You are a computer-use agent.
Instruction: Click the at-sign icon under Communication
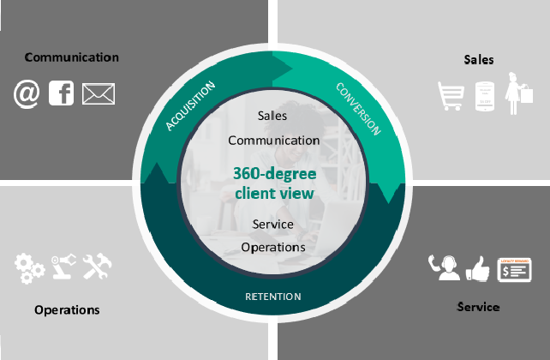(x=27, y=93)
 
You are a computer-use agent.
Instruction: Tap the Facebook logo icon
(x=62, y=93)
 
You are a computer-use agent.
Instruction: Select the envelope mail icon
(x=99, y=93)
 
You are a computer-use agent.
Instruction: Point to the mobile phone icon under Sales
(x=486, y=95)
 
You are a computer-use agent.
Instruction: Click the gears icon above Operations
(x=29, y=267)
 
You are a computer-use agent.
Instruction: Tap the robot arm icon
(x=63, y=267)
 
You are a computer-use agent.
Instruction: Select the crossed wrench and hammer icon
(x=98, y=267)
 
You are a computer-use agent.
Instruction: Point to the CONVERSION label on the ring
(x=358, y=109)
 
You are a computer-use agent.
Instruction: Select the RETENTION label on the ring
(x=274, y=297)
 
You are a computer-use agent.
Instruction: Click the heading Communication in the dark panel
(x=71, y=57)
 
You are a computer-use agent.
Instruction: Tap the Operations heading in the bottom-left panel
(x=67, y=309)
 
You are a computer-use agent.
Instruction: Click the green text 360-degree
(x=274, y=173)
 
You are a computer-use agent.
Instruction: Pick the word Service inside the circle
(x=273, y=224)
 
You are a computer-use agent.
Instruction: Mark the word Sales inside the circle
(x=272, y=115)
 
